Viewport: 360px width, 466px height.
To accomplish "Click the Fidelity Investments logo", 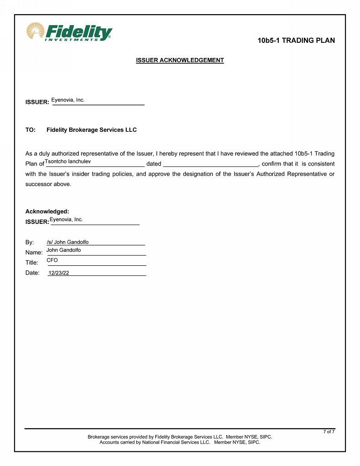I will coord(69,32).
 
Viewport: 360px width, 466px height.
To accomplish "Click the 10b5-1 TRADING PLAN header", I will coord(296,41).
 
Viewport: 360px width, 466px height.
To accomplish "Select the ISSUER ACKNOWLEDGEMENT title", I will coord(180,60).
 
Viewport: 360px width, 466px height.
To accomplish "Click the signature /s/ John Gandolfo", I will coord(68,242).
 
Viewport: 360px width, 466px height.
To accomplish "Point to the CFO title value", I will coord(52,260).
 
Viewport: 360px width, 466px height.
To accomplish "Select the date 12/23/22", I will coord(59,273).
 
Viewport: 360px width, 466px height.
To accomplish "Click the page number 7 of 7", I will coord(329,431).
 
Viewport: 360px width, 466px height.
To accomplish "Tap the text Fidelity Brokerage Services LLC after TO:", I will coord(92,130).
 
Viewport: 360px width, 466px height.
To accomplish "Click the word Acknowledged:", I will coord(47,212).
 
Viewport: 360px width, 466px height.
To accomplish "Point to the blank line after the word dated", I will coord(211,164).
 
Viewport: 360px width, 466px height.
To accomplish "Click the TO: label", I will coord(31,130).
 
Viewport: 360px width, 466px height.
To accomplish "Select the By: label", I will coord(30,242).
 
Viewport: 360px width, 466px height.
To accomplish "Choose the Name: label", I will coord(34,252).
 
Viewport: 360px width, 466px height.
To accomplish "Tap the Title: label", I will coord(32,263).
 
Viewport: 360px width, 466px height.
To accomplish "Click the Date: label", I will coord(32,273).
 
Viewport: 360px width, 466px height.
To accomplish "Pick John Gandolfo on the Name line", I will coord(64,250).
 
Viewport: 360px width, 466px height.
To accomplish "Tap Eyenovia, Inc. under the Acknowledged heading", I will coord(67,219).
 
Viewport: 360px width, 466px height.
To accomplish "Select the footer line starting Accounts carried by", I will coord(180,442).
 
